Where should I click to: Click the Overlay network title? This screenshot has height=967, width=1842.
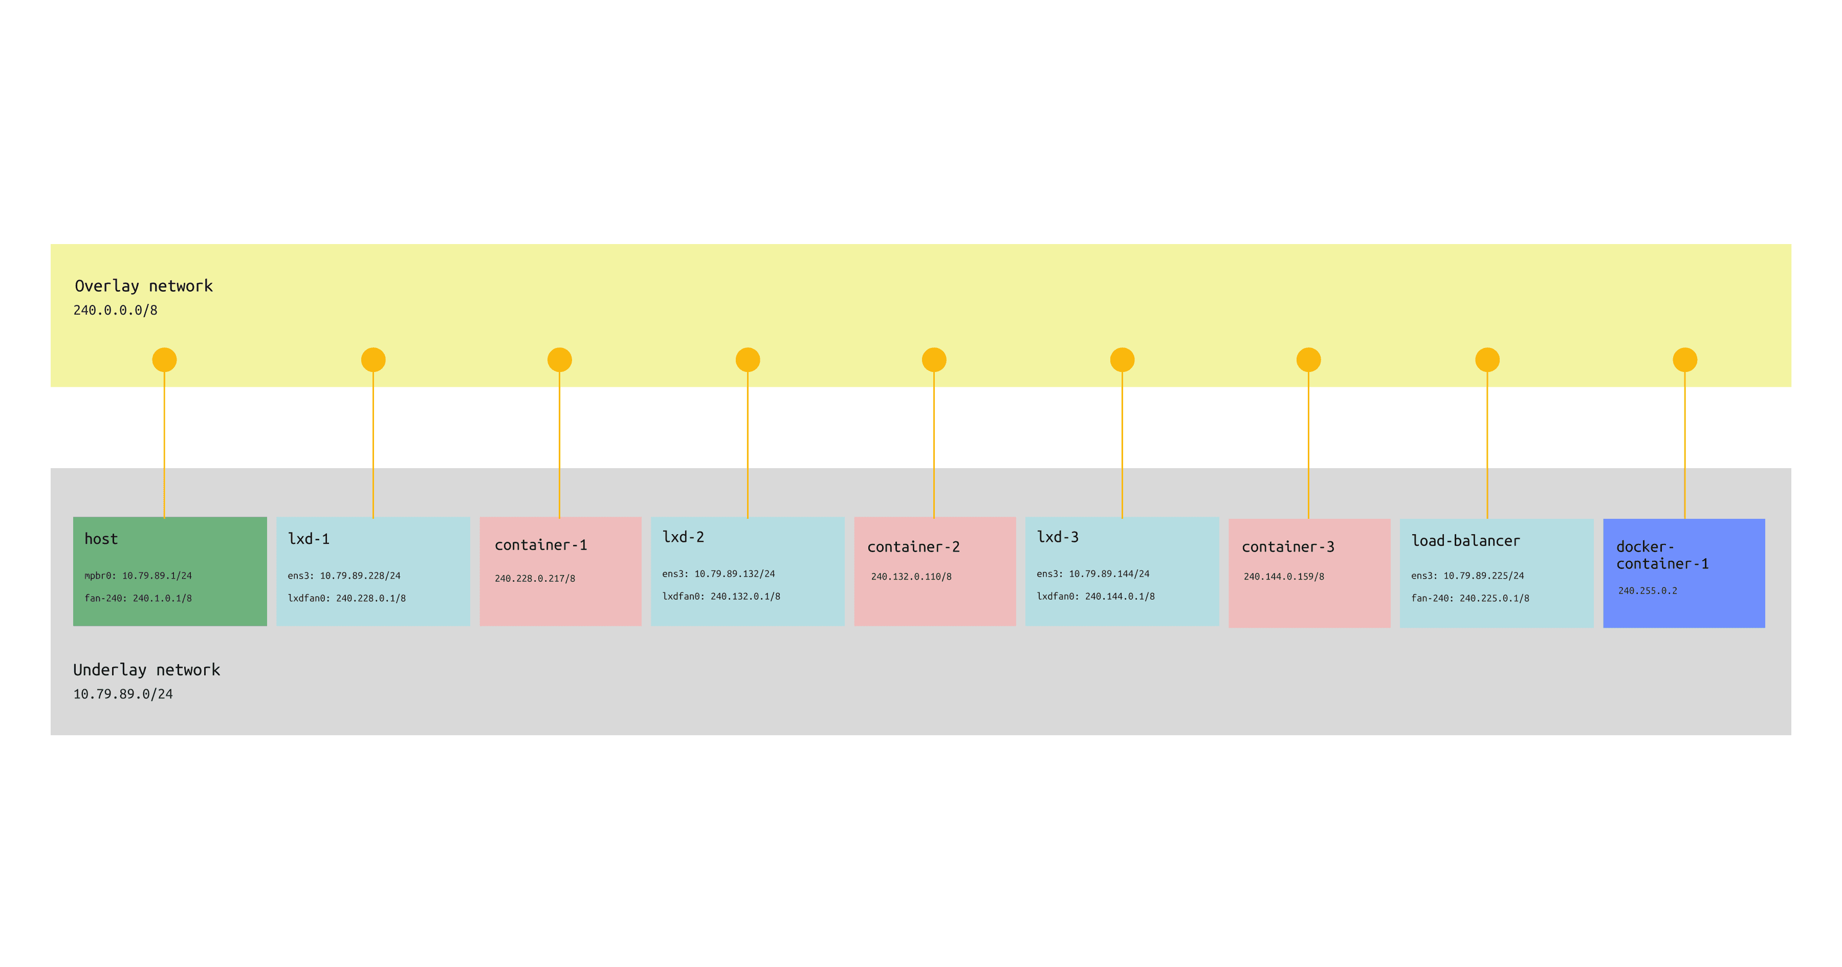[144, 286]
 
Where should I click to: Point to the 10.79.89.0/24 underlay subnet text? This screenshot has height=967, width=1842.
[123, 694]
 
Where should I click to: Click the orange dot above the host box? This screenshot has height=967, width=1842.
[164, 360]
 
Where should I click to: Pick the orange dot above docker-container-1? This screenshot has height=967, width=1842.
[1685, 360]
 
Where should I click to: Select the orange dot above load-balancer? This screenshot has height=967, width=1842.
[1487, 360]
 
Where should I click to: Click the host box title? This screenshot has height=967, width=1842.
[101, 539]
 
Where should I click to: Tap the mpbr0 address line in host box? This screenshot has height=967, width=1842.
[138, 576]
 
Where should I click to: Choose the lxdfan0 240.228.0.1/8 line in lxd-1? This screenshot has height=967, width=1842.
[347, 599]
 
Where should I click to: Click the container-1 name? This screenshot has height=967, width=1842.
[541, 545]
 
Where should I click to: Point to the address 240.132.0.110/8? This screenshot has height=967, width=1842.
[911, 577]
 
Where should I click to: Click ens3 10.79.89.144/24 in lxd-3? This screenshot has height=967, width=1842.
[1092, 574]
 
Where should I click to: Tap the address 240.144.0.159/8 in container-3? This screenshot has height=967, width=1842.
[1284, 577]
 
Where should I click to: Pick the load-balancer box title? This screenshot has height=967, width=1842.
[1465, 541]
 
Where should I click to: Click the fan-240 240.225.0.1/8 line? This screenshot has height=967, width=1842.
[1470, 599]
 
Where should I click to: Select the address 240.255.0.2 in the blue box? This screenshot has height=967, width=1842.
[1648, 591]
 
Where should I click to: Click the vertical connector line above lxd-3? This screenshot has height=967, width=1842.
[1122, 444]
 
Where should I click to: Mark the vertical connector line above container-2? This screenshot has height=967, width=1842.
[934, 444]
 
